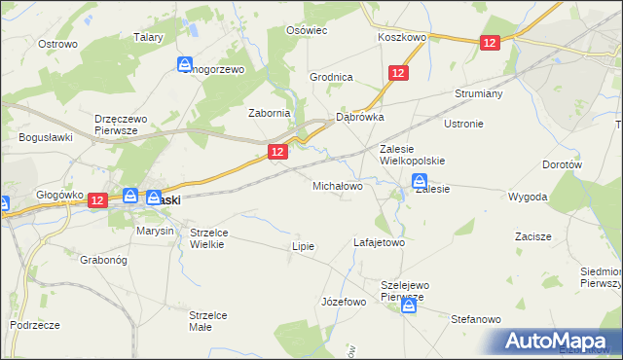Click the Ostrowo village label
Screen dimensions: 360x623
tap(57, 44)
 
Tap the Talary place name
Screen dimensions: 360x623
tap(148, 37)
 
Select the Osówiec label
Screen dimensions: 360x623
tap(306, 30)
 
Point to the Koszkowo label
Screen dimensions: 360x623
tap(403, 37)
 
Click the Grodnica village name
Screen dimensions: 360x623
tap(331, 77)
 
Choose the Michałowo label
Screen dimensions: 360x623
tap(338, 185)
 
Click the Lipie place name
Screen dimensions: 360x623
tap(304, 246)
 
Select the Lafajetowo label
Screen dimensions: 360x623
tap(379, 242)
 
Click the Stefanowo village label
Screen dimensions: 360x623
tap(475, 319)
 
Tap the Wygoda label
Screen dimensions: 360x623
tap(528, 197)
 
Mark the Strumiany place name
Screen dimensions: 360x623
tap(478, 94)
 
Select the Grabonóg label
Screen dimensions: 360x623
tap(105, 260)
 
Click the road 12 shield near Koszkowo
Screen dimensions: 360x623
tap(490, 43)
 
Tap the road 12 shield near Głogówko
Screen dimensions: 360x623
tap(96, 199)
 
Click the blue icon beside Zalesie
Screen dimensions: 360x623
tap(420, 180)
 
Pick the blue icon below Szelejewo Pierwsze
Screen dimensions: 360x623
tap(409, 306)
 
